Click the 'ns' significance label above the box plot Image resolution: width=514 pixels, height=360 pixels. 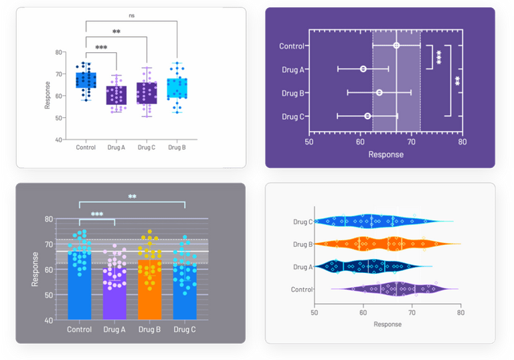(x=131, y=14)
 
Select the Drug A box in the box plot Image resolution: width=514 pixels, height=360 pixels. (x=116, y=95)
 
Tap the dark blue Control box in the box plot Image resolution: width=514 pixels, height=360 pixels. (x=86, y=80)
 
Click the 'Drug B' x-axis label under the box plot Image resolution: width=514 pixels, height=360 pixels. (x=177, y=147)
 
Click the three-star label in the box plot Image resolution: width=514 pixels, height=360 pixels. (x=101, y=48)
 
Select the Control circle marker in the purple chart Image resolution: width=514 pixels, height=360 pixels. (x=396, y=46)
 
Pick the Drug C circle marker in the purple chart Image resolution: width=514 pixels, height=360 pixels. (x=367, y=116)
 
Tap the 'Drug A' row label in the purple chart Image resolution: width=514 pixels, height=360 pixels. (x=292, y=69)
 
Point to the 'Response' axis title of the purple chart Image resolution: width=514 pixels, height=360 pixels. (x=385, y=155)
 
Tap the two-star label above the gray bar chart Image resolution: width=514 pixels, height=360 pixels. (x=132, y=197)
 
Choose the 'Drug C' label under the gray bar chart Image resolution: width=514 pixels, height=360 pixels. (x=184, y=329)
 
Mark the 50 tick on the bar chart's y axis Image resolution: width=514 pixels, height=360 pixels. (x=50, y=295)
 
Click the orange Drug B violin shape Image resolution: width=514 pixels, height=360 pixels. (x=387, y=244)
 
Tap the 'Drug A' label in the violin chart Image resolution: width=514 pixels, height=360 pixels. (x=303, y=267)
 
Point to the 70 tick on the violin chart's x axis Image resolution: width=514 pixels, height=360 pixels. (x=412, y=312)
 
